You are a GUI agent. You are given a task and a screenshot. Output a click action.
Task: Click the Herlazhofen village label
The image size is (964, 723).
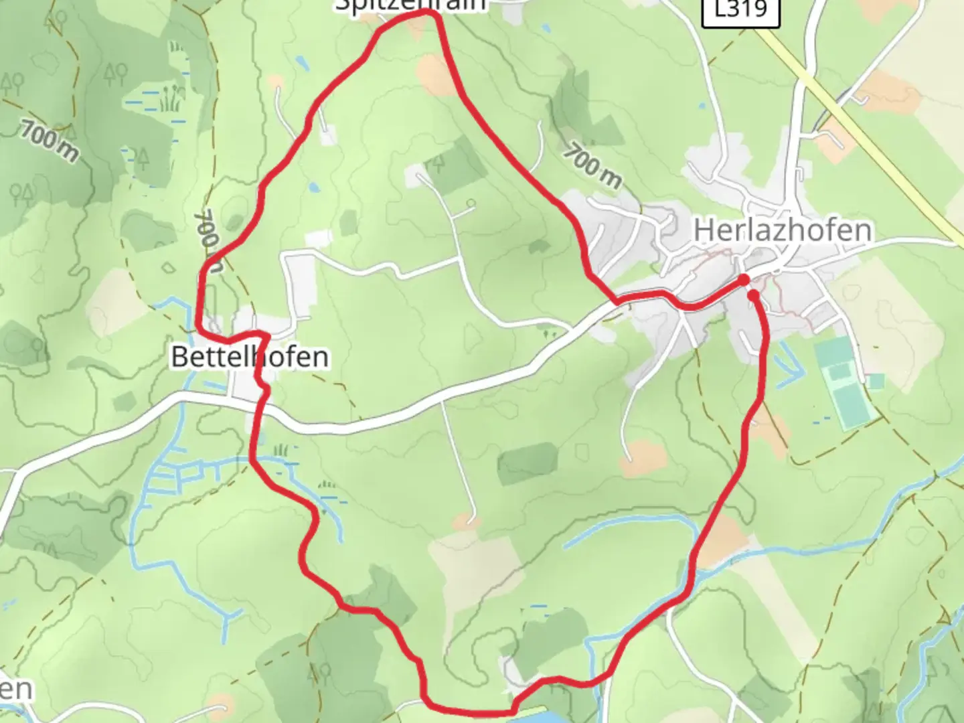tap(783, 230)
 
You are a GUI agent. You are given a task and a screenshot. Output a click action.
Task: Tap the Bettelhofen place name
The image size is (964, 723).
tap(250, 356)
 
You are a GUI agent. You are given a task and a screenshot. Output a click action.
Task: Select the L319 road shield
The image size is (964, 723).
tap(741, 10)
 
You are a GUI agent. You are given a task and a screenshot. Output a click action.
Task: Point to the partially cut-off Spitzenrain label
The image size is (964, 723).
tap(410, 5)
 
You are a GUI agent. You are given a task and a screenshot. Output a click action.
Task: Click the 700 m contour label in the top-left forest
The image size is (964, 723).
tap(48, 141)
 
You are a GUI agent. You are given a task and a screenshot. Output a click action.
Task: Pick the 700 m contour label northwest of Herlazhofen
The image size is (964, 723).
tap(592, 165)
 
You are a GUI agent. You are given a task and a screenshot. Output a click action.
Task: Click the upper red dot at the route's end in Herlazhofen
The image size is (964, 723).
tap(744, 279)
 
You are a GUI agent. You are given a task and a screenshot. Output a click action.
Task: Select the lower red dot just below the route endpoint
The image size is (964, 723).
tap(753, 295)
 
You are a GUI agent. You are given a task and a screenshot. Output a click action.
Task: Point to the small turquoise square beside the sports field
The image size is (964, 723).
tap(874, 381)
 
